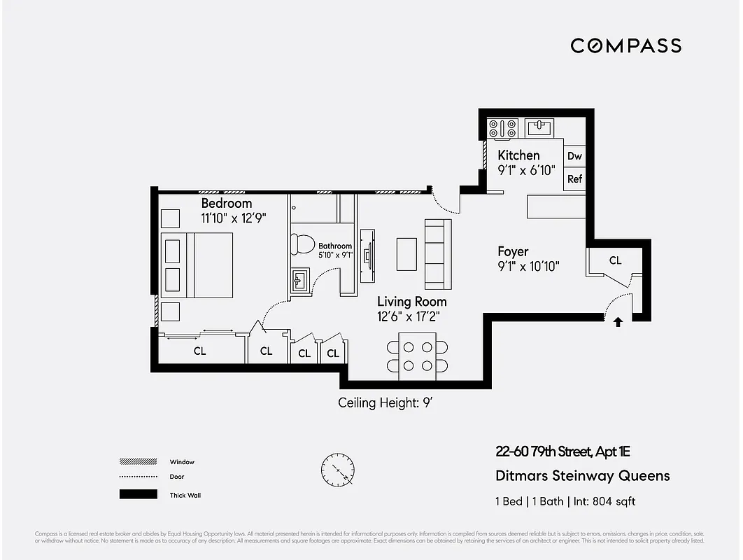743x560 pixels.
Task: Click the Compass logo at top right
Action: [x=625, y=46]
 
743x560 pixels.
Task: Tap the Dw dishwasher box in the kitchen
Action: [x=574, y=156]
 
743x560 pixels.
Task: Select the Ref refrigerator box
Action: [x=574, y=179]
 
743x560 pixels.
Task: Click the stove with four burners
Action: [x=502, y=128]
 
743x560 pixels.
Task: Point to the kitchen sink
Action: [x=539, y=127]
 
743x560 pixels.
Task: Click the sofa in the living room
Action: [x=438, y=253]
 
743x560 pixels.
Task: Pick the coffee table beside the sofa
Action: [x=406, y=254]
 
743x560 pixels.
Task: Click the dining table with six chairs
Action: [x=417, y=356]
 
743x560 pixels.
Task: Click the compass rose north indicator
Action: [x=337, y=468]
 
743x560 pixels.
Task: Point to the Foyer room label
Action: [x=513, y=251]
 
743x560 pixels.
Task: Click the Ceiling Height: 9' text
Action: [x=388, y=403]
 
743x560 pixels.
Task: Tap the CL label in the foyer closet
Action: [x=615, y=260]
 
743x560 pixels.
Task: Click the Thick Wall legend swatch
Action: [x=139, y=495]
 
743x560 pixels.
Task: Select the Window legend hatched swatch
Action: [x=139, y=462]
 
